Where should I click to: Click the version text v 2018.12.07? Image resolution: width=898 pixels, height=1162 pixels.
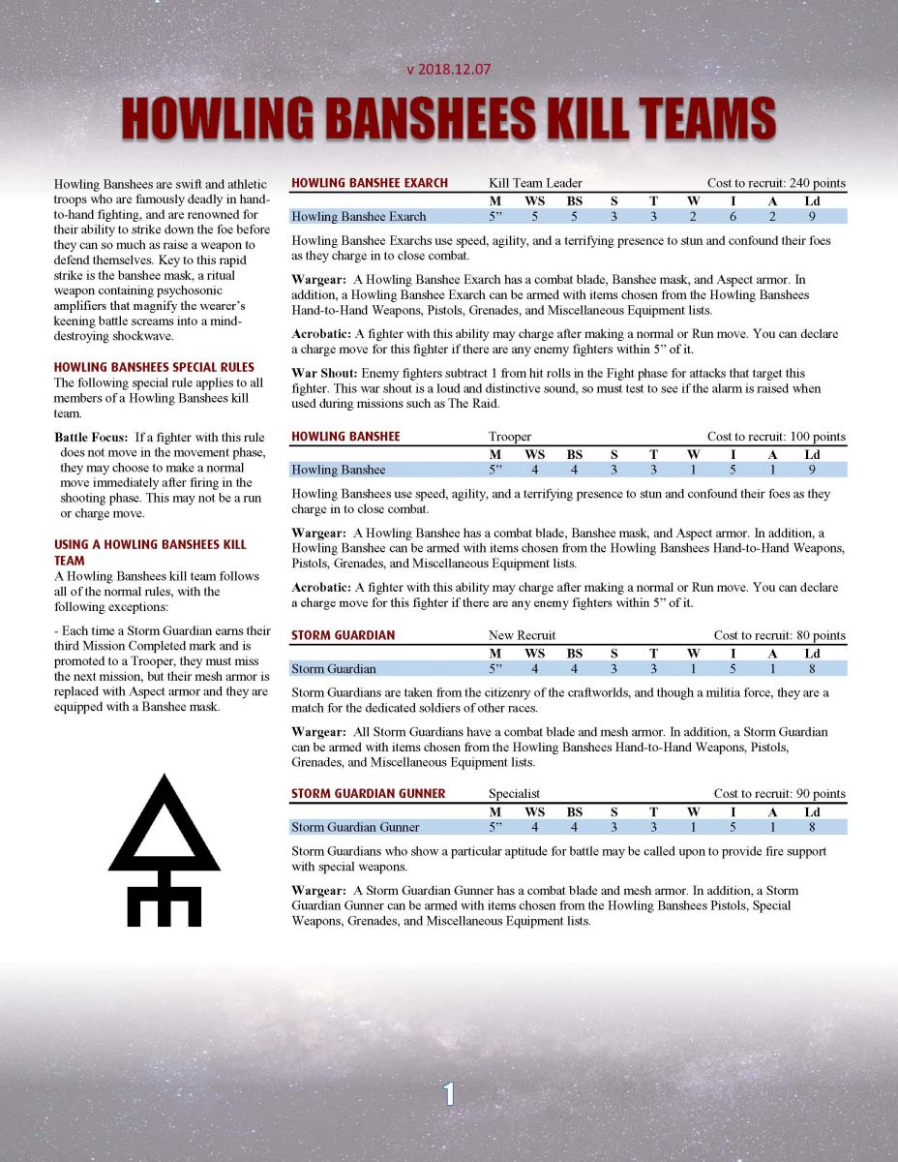(448, 71)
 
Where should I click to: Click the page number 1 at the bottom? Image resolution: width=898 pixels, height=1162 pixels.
(449, 1093)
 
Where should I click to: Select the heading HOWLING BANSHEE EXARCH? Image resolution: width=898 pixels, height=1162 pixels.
(369, 183)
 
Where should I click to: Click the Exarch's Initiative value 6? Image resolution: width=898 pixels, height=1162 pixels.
(733, 217)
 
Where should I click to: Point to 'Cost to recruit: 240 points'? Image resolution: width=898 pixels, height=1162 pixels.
(776, 183)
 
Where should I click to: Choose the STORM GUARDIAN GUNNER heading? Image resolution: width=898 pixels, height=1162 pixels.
(368, 794)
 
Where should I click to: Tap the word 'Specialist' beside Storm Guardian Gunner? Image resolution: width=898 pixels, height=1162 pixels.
(514, 794)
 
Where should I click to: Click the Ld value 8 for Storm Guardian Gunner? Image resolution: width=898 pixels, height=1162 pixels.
(812, 827)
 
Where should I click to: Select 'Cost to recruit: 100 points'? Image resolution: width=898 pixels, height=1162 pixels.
(776, 437)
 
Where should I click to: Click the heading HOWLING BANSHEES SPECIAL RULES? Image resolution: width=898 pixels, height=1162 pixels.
(154, 367)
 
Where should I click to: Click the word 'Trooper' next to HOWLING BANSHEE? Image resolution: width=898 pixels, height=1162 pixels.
(510, 437)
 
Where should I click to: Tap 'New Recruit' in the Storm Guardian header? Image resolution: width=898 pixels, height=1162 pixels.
(522, 635)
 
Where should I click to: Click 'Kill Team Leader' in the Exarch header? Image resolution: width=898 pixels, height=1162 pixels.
(534, 183)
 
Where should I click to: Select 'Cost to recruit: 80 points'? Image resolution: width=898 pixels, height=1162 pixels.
(779, 635)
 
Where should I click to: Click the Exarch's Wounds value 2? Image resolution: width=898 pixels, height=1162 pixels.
(693, 217)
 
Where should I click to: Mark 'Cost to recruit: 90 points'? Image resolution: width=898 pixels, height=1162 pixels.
(779, 794)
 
